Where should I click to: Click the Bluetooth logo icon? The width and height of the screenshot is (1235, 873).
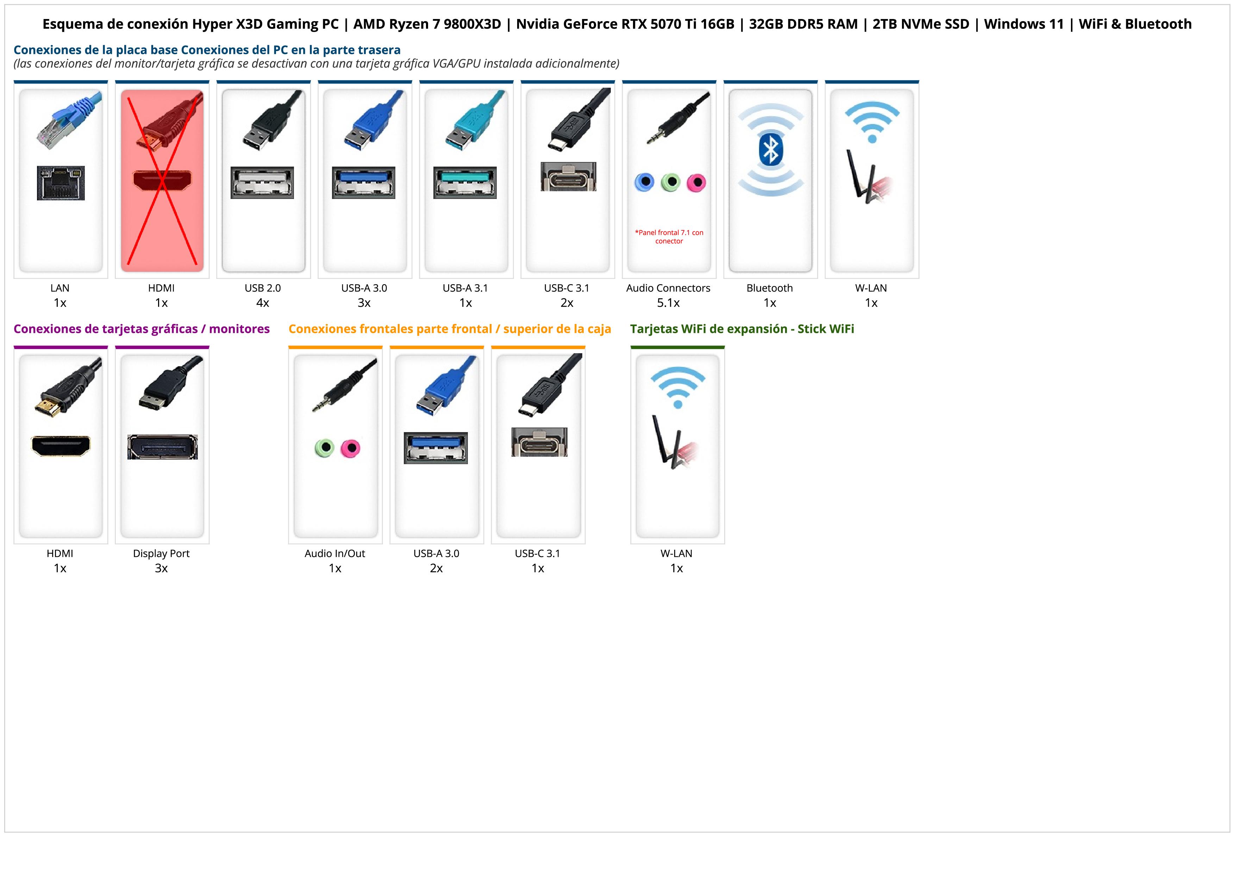coord(770,150)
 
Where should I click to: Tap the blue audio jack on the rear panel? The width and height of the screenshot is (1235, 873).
coord(644,182)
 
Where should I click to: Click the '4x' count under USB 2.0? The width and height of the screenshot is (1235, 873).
coord(263,303)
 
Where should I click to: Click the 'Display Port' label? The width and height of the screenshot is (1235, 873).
coord(161,554)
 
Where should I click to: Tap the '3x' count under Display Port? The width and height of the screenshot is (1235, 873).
coord(161,568)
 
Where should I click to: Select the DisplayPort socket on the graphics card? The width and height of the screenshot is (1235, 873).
coord(162,447)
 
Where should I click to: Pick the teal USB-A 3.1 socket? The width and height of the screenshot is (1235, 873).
coord(465,182)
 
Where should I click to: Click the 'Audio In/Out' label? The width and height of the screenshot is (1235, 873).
coord(334,554)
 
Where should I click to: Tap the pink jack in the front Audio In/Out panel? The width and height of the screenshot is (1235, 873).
coord(351,448)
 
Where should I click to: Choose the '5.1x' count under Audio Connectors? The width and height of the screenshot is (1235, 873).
coord(668,303)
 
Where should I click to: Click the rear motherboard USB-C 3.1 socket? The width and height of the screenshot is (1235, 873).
coord(568,176)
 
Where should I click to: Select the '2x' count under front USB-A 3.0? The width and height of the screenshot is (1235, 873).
coord(436,568)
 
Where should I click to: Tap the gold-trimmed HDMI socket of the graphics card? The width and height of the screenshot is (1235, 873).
coord(61,446)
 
